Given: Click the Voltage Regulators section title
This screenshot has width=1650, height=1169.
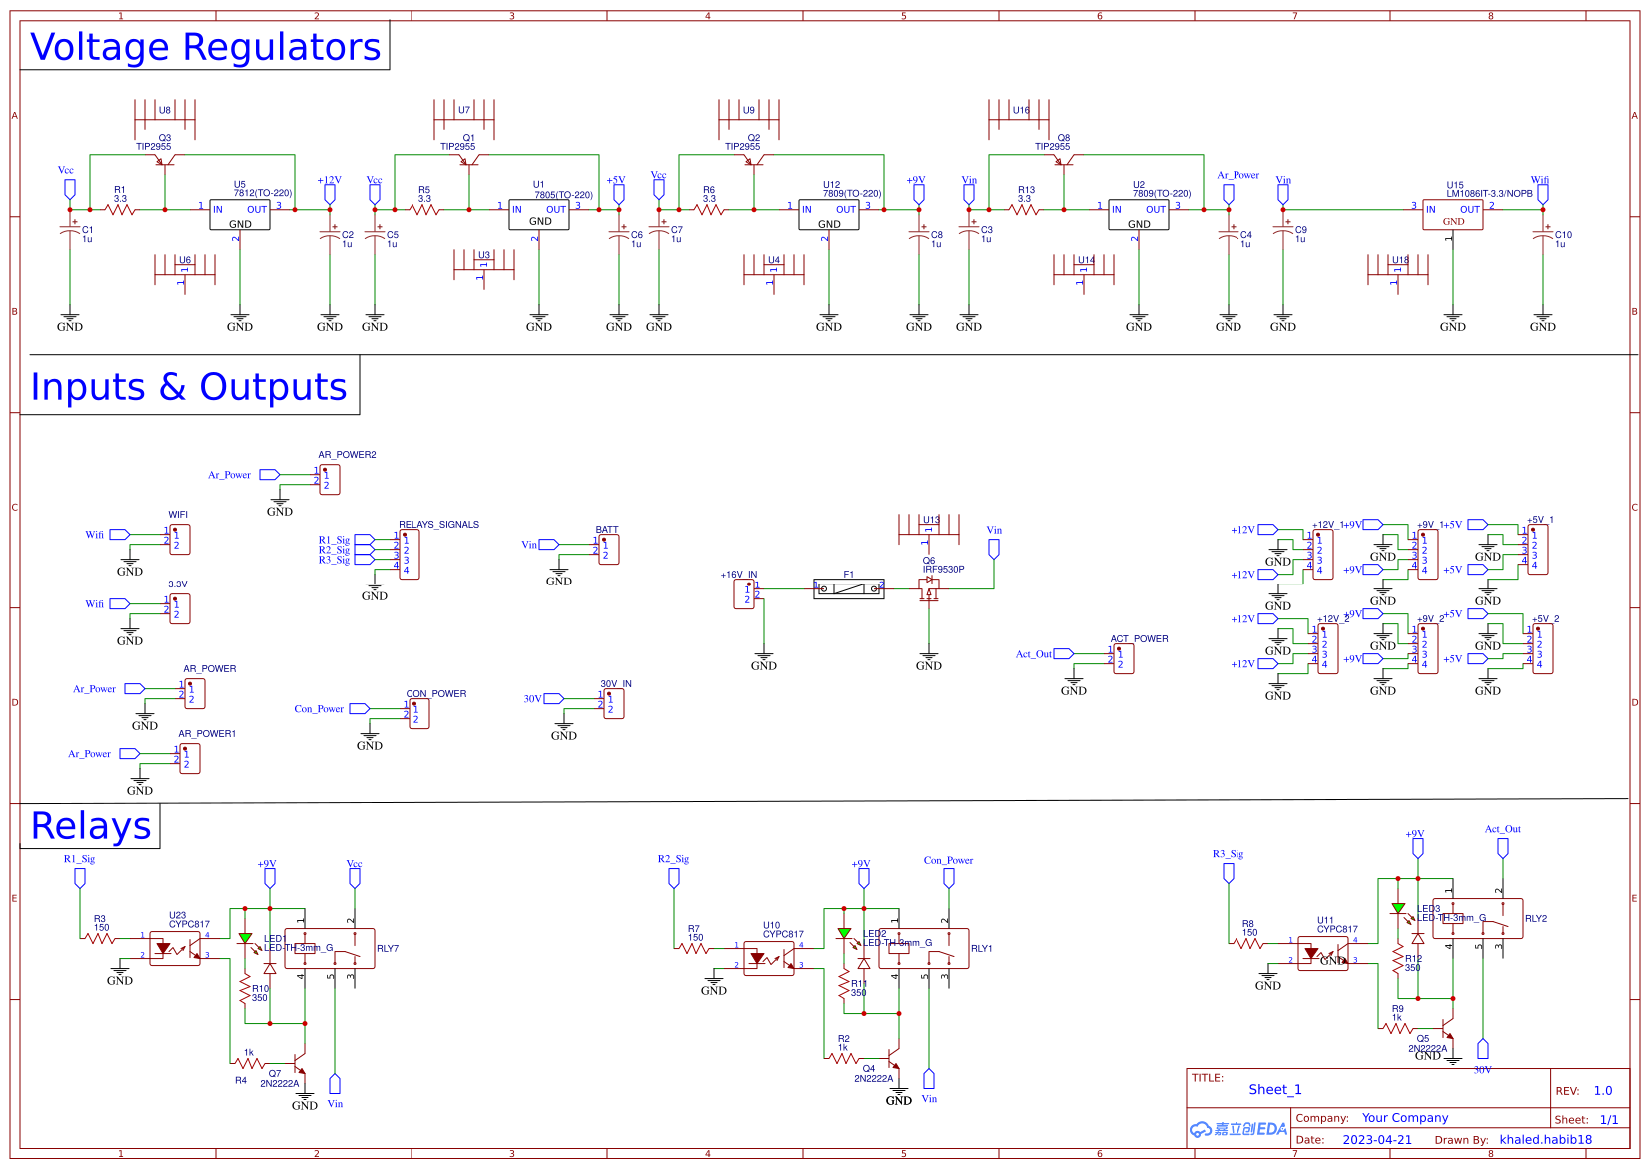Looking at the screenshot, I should pos(205,47).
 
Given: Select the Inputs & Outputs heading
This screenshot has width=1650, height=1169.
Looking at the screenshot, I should pos(189,387).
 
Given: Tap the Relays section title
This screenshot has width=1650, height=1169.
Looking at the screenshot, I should pos(91,827).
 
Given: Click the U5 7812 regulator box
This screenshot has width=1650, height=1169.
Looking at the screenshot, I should pos(239,215).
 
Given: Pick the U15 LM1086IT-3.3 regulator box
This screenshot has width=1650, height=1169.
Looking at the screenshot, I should pos(1452,215).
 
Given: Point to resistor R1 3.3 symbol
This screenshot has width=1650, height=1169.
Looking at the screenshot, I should pos(120,209).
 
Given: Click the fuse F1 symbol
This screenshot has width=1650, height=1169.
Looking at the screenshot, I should pos(848,588).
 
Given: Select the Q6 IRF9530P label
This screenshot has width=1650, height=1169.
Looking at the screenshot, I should pos(943,569).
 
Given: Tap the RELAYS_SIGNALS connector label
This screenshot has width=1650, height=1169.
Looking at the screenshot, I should pos(438,524).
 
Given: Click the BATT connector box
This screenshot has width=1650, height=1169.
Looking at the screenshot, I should pos(608,549).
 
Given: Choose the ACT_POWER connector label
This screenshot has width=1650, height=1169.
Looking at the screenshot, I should pos(1139,638).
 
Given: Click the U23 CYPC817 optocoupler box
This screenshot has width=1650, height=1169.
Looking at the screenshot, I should pos(175,948).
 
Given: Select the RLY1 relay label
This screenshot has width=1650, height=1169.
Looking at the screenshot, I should pos(981,948).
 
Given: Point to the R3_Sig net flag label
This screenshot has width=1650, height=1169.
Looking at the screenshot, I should pos(1228,854).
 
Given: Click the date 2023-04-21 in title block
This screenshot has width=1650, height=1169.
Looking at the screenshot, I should pos(1376,1139).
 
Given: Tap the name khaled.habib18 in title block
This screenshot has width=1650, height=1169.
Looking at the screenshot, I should pos(1545,1139).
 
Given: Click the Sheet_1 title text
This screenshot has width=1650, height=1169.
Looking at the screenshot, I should pos(1274,1089).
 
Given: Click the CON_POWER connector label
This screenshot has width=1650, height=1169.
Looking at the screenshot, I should pos(435,693).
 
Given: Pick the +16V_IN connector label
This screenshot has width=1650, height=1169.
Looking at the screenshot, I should pos(738,575).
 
